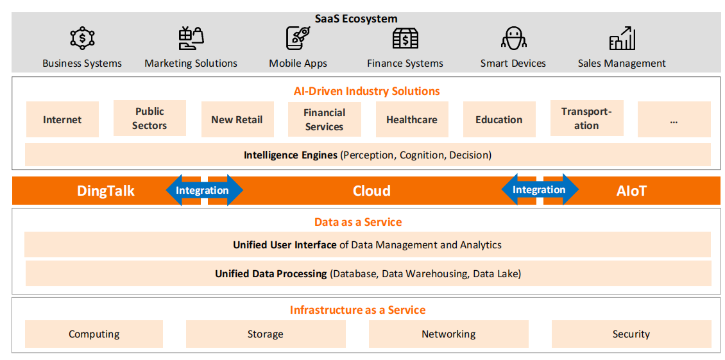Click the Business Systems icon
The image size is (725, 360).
point(82,39)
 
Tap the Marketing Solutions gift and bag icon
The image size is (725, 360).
point(191,39)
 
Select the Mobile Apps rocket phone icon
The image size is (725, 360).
point(298,39)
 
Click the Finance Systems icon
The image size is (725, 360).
point(405,39)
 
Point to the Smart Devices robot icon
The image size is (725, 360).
point(513,39)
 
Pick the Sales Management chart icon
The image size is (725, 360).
point(622,39)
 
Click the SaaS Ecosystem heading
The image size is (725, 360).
point(356,19)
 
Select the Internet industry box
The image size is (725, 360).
point(62,119)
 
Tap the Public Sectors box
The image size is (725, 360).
point(149,118)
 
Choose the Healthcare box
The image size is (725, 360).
point(412,119)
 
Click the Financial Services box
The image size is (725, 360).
point(324,119)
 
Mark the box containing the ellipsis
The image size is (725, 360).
point(674,119)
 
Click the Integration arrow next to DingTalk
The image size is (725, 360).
point(203,190)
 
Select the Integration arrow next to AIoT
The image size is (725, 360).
point(539,189)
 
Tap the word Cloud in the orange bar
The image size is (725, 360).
point(371,191)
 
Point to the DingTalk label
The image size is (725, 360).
point(106,191)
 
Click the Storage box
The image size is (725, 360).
point(266,334)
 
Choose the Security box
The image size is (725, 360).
point(631,334)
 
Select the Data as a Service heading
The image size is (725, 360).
point(358,222)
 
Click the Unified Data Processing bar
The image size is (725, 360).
point(368,273)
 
